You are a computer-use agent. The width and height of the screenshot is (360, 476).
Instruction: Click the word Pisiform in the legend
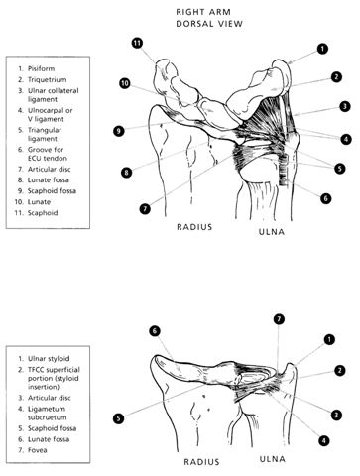click(41, 69)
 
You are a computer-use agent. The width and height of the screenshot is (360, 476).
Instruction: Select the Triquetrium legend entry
click(47, 80)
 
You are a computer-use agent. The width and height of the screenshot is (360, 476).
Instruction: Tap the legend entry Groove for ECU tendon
click(48, 154)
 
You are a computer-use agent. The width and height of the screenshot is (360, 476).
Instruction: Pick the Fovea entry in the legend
click(37, 450)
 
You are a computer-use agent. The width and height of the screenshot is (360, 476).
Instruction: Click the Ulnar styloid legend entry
click(49, 359)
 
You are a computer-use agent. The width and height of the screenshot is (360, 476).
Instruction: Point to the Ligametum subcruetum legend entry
click(48, 414)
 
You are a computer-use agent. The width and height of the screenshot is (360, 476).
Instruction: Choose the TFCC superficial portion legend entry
click(54, 378)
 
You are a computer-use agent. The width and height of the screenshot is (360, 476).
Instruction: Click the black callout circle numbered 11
click(137, 43)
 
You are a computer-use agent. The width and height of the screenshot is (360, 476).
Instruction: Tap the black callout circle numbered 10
click(125, 83)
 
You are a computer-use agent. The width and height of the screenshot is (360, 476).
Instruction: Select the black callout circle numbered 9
click(119, 131)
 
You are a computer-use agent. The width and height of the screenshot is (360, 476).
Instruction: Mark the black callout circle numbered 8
click(126, 172)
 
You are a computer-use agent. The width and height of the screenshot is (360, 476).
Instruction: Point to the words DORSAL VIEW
click(209, 24)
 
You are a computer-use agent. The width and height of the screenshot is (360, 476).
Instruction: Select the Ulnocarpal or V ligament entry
click(51, 115)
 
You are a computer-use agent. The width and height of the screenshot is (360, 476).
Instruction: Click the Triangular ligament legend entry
click(45, 134)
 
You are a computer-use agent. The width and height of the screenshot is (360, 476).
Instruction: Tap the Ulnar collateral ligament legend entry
click(54, 95)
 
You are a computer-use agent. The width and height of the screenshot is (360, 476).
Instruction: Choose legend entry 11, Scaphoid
click(43, 213)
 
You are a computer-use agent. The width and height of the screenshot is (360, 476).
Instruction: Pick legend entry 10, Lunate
click(39, 202)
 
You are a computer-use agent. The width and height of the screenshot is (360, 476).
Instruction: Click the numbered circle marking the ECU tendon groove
click(326, 198)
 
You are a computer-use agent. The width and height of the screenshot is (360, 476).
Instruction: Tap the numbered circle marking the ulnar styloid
click(329, 339)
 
